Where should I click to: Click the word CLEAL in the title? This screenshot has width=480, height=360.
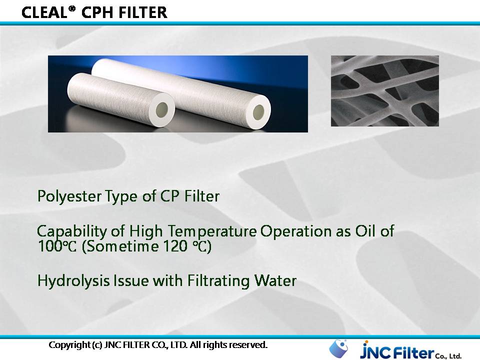coord(44,13)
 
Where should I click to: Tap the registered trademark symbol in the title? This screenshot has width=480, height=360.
coord(71,8)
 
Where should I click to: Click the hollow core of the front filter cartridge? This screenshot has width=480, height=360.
coord(162,108)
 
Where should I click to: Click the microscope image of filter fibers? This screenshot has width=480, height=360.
coord(385,91)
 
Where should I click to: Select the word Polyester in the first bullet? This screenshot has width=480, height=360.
coord(69,196)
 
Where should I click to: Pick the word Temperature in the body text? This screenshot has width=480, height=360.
coord(212,231)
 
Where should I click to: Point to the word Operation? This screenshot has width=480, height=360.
coord(296,231)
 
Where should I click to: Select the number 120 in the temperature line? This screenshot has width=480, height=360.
coord(175,246)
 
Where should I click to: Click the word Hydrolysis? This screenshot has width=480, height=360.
coord(73,281)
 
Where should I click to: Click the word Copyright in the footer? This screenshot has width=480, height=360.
coord(70,345)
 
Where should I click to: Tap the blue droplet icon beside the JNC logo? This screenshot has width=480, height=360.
coord(338,348)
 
